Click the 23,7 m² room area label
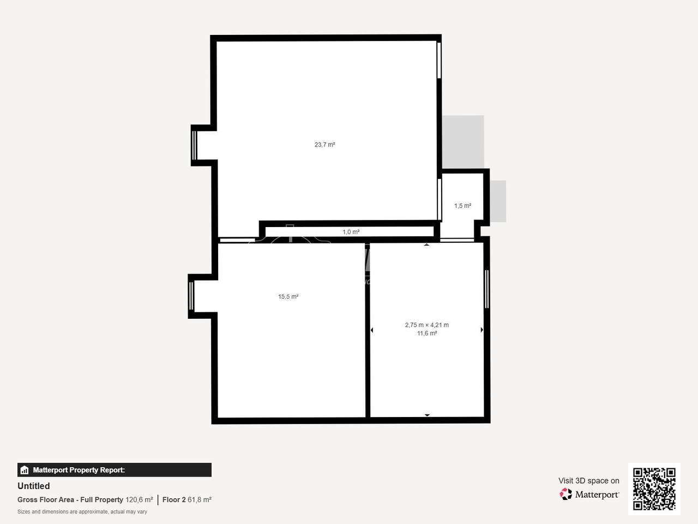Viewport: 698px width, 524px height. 324,145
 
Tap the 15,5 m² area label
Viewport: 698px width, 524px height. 288,296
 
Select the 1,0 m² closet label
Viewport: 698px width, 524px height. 351,232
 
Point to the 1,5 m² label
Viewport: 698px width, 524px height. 462,206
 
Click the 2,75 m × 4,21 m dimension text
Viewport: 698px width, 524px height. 427,325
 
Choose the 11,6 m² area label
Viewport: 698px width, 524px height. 427,333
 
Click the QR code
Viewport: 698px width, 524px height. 654,489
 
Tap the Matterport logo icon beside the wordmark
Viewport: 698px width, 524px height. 565,494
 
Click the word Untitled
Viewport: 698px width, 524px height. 34,486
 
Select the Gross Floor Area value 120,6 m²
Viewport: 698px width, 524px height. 139,499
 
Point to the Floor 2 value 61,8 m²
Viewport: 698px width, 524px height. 200,499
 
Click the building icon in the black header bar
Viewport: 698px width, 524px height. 25,470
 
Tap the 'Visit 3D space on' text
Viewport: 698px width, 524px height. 588,481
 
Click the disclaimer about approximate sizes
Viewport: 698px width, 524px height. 82,511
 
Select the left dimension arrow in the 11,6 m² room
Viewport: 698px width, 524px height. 372,330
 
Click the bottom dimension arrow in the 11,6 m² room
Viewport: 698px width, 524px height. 427,415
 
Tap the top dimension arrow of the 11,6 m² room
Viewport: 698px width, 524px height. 427,245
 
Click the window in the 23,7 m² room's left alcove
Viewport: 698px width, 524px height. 194,145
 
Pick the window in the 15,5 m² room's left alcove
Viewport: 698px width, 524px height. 191,296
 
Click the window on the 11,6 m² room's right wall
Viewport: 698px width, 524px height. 487,289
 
